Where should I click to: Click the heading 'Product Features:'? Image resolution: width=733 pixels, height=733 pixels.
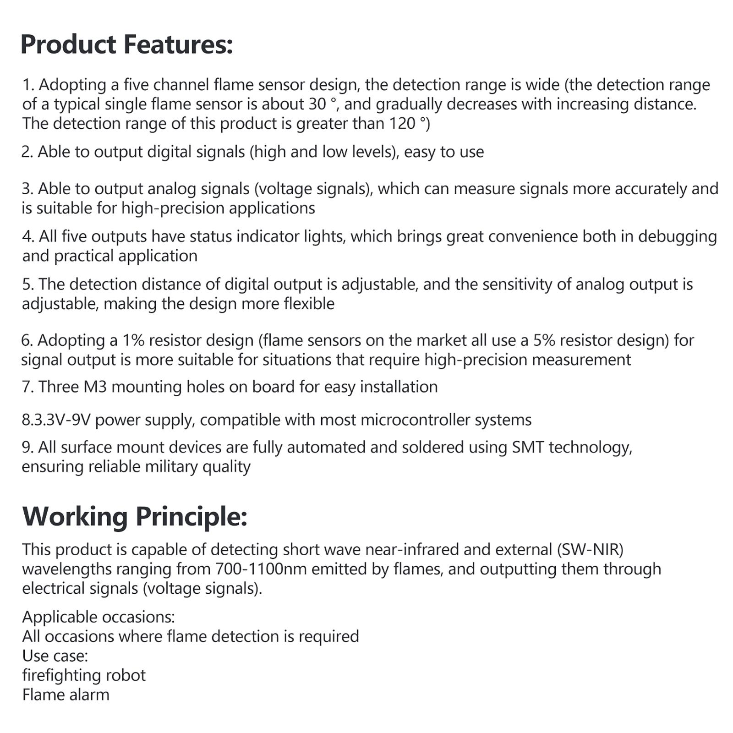[127, 45]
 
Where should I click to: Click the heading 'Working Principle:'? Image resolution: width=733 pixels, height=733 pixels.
[135, 516]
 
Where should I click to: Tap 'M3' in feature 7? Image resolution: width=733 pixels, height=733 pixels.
[95, 387]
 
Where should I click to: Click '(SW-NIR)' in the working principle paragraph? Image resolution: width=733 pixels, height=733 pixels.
[590, 550]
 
